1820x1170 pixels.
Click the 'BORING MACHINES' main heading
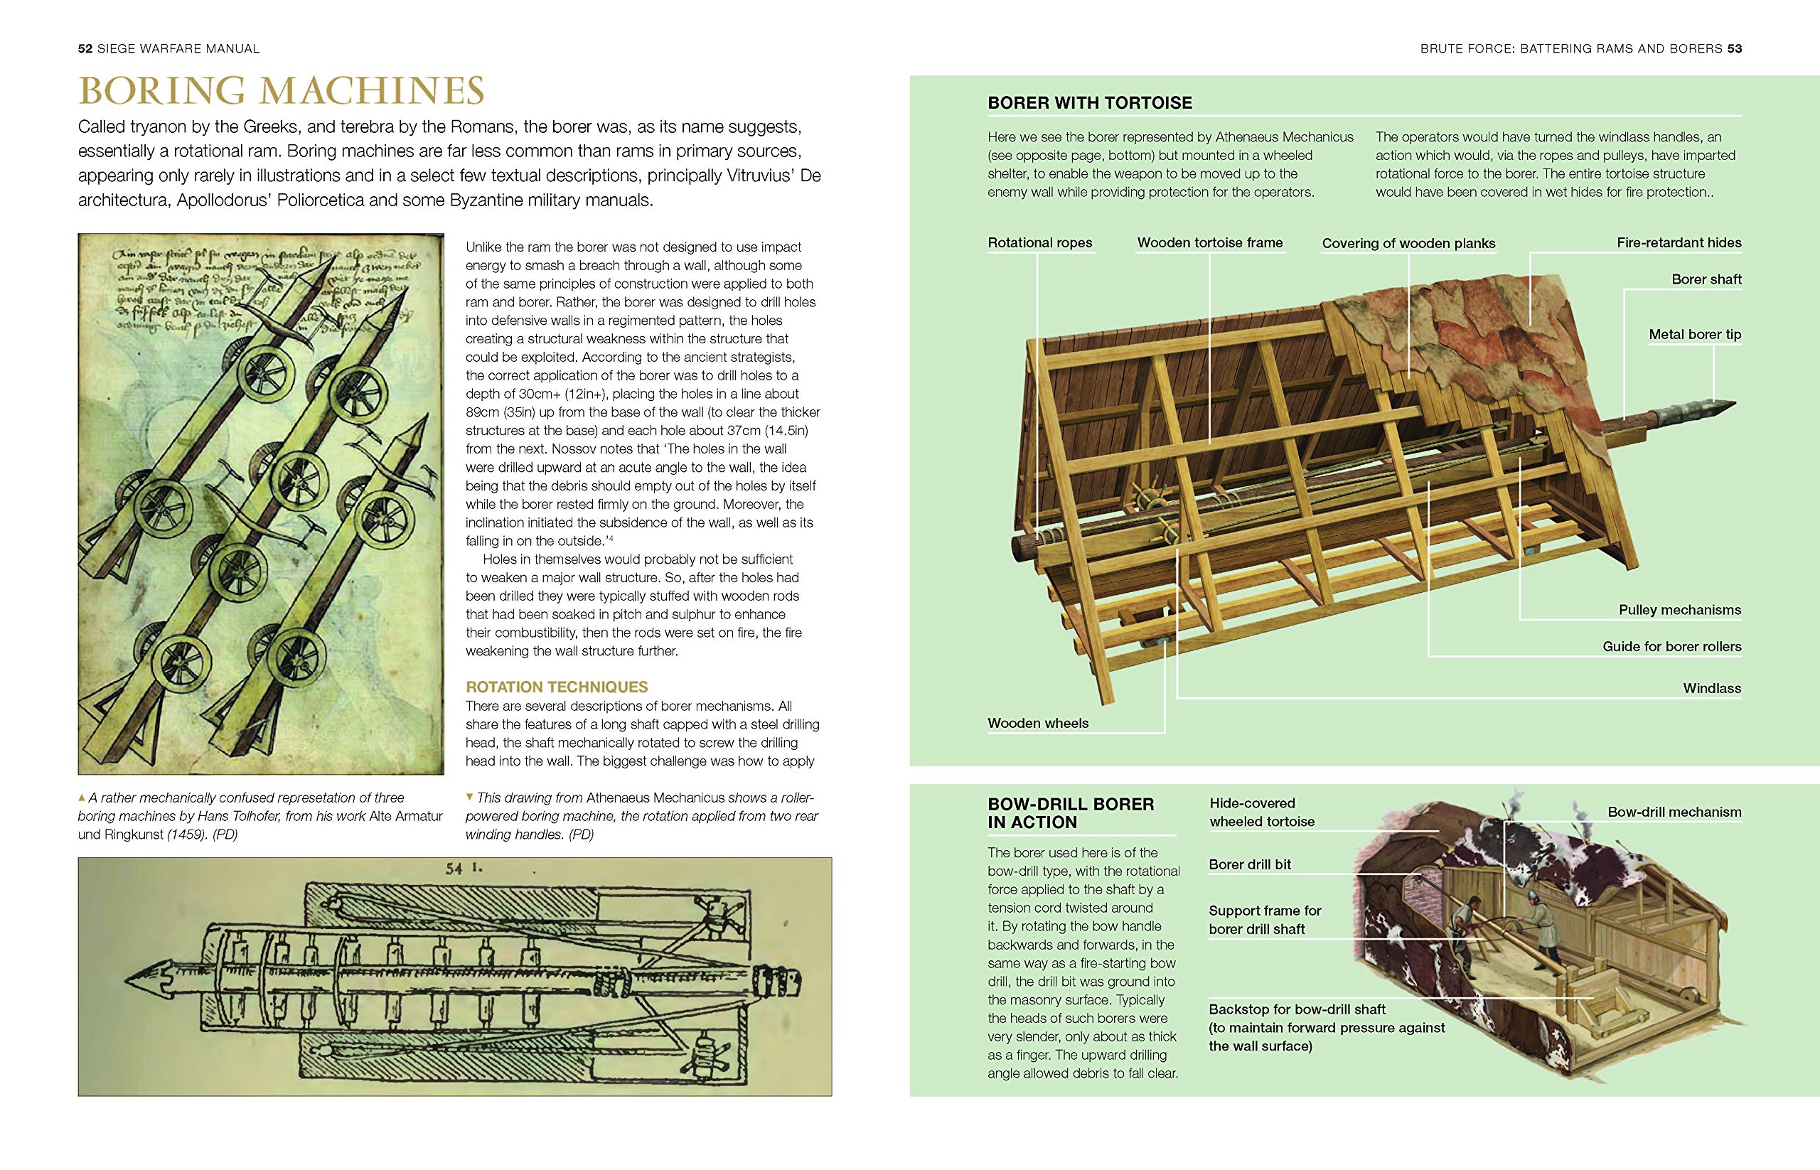[281, 91]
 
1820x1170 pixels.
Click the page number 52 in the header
[85, 48]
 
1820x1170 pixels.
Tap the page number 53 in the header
[1734, 48]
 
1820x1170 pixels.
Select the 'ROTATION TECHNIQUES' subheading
[556, 687]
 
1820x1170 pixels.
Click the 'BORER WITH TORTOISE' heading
[1090, 102]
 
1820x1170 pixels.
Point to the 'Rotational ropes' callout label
[1039, 242]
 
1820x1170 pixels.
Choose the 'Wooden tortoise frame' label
[1210, 242]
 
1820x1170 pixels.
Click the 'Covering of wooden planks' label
[1408, 243]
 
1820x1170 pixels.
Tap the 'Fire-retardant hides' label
[1679, 242]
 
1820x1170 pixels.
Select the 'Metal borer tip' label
[1695, 334]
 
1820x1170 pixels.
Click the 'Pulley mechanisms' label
[1679, 609]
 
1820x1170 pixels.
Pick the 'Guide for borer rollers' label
[1672, 647]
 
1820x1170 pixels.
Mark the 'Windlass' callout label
[1711, 688]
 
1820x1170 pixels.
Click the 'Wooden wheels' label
[1037, 724]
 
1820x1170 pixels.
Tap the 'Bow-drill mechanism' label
[1674, 812]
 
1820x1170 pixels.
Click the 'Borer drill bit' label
[1249, 864]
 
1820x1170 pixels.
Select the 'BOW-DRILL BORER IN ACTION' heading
[1070, 813]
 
